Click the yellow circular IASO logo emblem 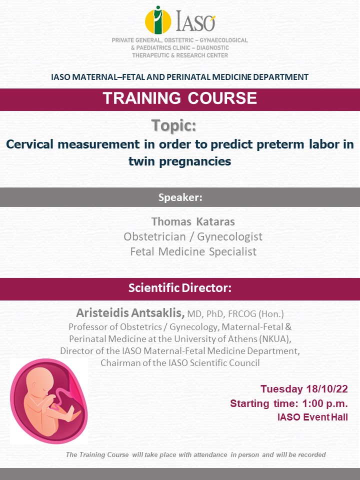coord(158,20)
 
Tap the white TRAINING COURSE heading coord(179,98)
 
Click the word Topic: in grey coord(173,125)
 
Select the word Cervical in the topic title coord(29,144)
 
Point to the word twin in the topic coord(141,161)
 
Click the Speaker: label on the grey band coord(180,197)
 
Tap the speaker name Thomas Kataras coord(193,221)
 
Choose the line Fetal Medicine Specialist coord(193,251)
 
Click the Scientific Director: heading coord(180,288)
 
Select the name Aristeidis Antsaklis coord(130,313)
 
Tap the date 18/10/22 coord(327,389)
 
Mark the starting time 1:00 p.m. coord(325,403)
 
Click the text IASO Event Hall coord(312,417)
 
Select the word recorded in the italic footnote coord(312,455)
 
